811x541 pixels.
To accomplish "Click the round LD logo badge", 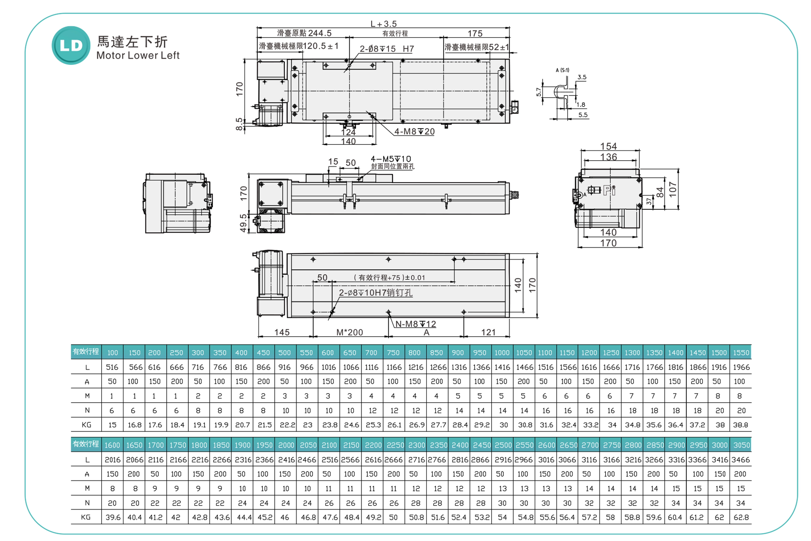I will pyautogui.click(x=71, y=45).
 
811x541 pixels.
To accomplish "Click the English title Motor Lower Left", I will pyautogui.click(x=138, y=56).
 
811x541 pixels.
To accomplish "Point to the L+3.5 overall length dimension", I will pyautogui.click(x=383, y=24).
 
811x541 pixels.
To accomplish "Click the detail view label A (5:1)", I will pyautogui.click(x=562, y=70).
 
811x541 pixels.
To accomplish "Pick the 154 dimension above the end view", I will pyautogui.click(x=609, y=146).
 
